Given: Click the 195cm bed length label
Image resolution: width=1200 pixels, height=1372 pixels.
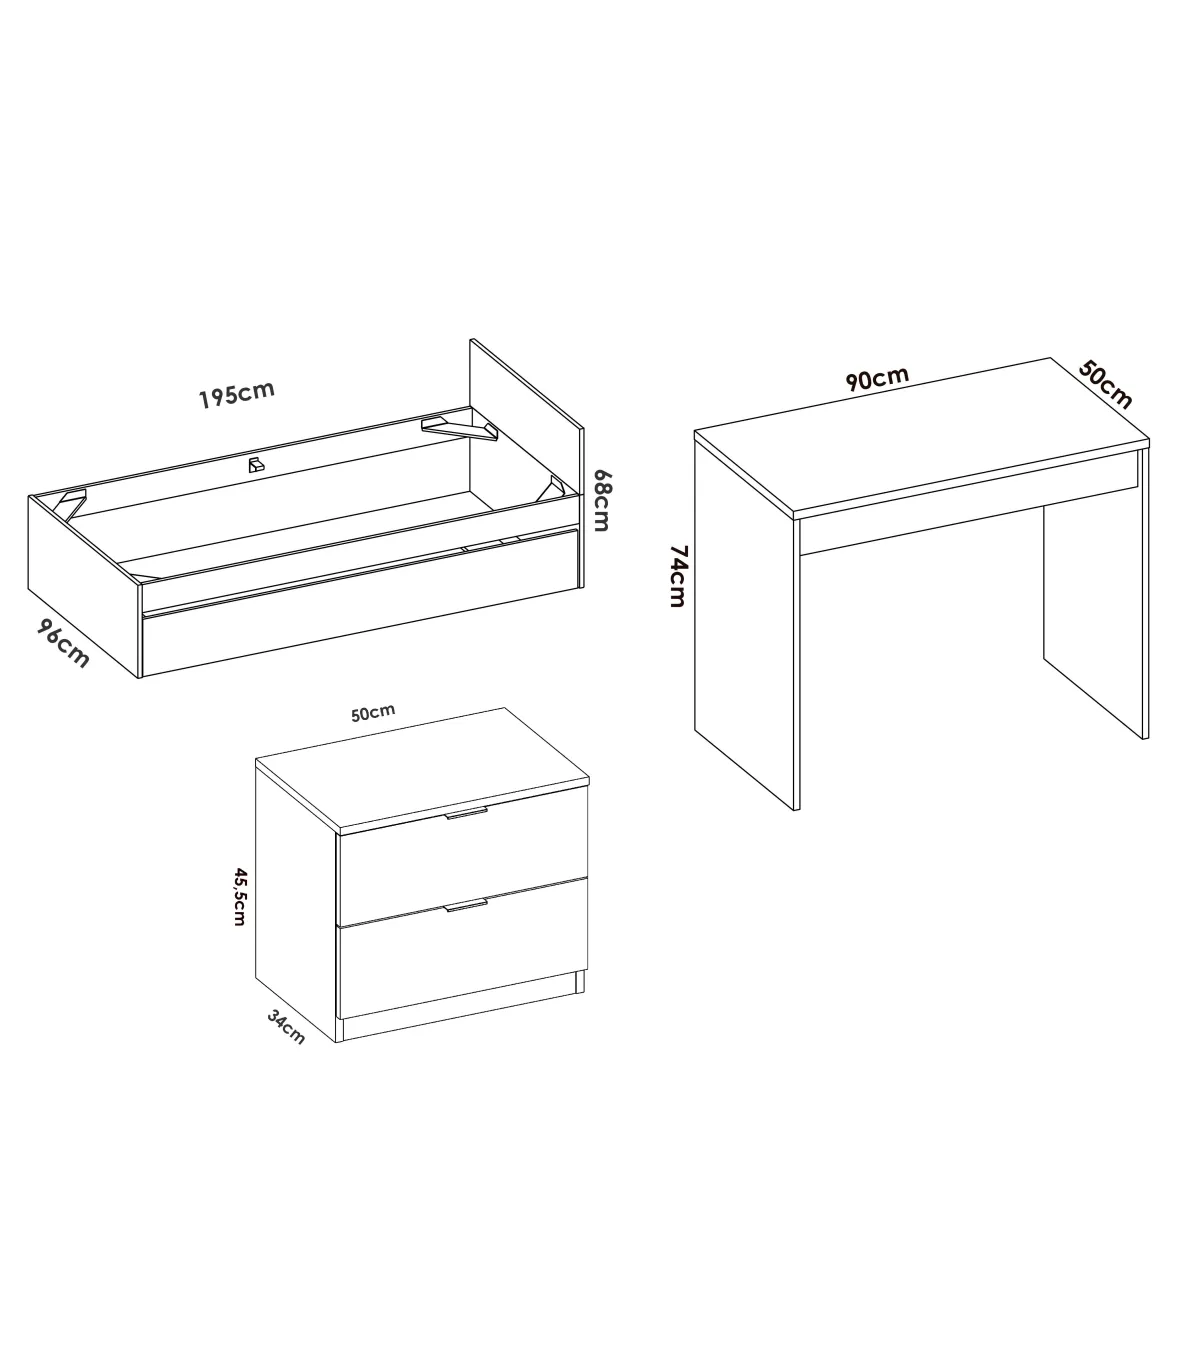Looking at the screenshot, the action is [x=237, y=394].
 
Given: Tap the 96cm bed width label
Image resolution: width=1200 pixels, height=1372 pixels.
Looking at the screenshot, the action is [x=62, y=644].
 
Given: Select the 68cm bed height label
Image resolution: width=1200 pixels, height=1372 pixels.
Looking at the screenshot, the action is [x=602, y=500].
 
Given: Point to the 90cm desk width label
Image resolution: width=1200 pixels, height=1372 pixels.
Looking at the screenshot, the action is [x=877, y=378].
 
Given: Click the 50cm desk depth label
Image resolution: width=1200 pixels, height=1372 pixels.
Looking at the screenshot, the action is [x=1105, y=385].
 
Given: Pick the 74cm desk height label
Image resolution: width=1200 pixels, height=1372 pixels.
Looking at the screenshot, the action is [x=678, y=576].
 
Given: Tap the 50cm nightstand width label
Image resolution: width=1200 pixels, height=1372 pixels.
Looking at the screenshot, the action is [x=373, y=712].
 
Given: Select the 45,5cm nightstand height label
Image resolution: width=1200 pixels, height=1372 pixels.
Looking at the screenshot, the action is [x=240, y=897].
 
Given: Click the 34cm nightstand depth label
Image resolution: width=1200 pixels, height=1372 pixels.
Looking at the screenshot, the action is [x=286, y=1027].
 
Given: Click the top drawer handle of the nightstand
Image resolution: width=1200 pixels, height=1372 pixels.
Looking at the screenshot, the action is [x=467, y=813].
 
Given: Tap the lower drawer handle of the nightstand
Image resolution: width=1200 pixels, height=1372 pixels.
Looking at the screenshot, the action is [x=466, y=906].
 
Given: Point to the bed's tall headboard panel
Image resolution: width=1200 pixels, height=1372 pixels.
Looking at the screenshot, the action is [x=526, y=429].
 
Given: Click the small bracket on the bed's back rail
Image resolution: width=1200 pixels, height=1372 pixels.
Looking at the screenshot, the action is [x=256, y=465].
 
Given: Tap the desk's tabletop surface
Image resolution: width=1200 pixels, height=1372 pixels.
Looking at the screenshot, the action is [x=922, y=436].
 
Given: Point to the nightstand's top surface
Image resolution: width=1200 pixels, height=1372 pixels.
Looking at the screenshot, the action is [x=422, y=770].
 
